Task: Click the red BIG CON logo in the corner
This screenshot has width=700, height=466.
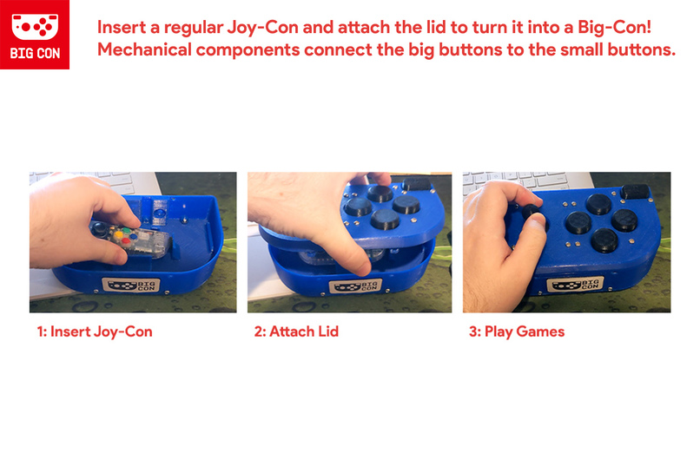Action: (35, 35)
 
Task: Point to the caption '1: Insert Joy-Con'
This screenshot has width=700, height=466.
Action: (95, 331)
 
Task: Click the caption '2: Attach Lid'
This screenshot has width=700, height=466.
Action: (297, 331)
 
